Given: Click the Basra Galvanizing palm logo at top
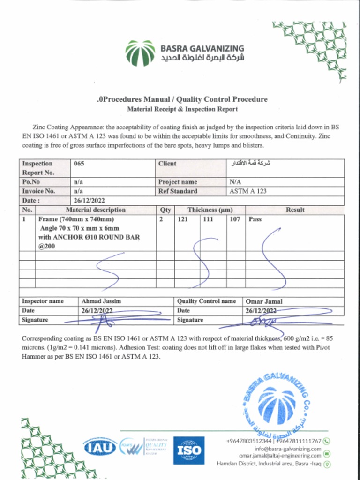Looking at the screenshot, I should (140, 53).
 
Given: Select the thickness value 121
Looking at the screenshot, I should (183, 219).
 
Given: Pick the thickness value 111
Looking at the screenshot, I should (208, 219).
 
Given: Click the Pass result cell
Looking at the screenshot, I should (255, 219).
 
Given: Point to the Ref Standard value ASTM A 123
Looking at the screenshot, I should (248, 191).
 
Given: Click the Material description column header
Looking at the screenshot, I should (96, 210).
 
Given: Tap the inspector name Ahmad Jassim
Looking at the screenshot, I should (101, 301).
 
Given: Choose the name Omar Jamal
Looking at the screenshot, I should (264, 301).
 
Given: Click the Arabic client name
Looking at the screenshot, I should (251, 164).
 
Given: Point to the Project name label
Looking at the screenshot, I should (178, 182).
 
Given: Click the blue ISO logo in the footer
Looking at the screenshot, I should (189, 450).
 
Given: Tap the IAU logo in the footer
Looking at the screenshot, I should (100, 448).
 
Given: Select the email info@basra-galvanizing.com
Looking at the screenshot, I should (288, 449).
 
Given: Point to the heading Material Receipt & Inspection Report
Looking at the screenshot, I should (182, 109).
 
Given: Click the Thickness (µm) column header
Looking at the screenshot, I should (210, 210).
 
